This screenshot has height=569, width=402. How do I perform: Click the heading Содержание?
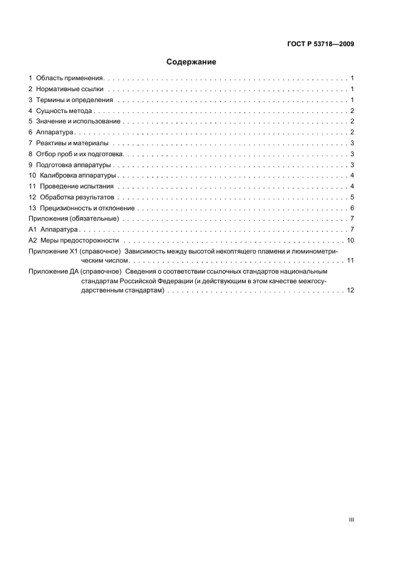tap(192, 62)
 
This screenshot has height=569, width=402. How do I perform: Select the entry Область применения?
tap(71, 78)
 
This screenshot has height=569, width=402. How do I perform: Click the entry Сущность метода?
tap(64, 111)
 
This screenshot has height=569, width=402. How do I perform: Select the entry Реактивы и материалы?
tap(72, 143)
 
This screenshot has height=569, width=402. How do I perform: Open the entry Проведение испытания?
tap(77, 186)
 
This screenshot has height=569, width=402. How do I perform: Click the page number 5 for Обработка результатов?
tap(352, 197)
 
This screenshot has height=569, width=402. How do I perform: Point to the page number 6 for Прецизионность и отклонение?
tap(352, 208)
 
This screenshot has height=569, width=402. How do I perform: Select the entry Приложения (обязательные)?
tap(73, 219)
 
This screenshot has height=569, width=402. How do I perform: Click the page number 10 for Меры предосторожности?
tap(350, 240)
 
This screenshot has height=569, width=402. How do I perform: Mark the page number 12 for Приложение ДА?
tap(350, 291)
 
